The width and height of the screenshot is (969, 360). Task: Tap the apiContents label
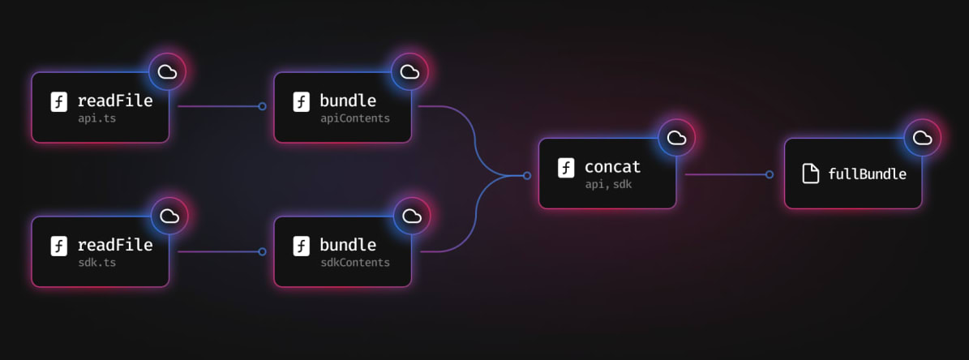click(x=354, y=118)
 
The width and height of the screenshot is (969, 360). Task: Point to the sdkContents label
click(x=354, y=263)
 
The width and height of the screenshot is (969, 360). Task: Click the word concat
click(x=612, y=167)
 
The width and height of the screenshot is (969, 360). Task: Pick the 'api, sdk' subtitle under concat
click(x=607, y=185)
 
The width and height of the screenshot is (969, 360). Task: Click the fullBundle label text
click(x=867, y=174)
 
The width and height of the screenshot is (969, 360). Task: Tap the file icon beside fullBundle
click(x=810, y=174)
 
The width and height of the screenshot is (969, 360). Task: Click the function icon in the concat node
click(x=566, y=168)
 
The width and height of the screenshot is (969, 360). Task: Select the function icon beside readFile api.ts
click(x=59, y=102)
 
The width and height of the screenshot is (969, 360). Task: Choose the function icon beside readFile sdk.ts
click(x=59, y=246)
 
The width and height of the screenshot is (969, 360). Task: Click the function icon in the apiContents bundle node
click(x=302, y=102)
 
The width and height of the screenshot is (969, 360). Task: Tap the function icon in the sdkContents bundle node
click(x=302, y=246)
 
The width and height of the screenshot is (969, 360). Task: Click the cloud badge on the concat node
click(x=676, y=138)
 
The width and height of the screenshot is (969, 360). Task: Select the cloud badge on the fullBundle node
click(x=922, y=138)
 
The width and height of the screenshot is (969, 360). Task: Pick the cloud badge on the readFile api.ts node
click(x=168, y=72)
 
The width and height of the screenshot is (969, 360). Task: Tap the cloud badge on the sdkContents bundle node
click(x=412, y=216)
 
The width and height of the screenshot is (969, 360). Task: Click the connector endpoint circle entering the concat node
click(x=527, y=175)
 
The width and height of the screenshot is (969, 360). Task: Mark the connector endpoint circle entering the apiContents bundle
click(x=262, y=106)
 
